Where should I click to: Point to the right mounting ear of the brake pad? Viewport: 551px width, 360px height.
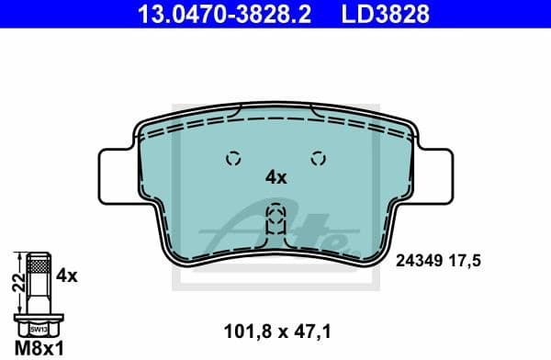click(434, 174)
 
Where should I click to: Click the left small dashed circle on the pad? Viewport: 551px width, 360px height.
click(232, 157)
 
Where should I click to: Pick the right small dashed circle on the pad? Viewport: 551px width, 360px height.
click(319, 157)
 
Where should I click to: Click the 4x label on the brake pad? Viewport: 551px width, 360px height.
click(275, 177)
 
